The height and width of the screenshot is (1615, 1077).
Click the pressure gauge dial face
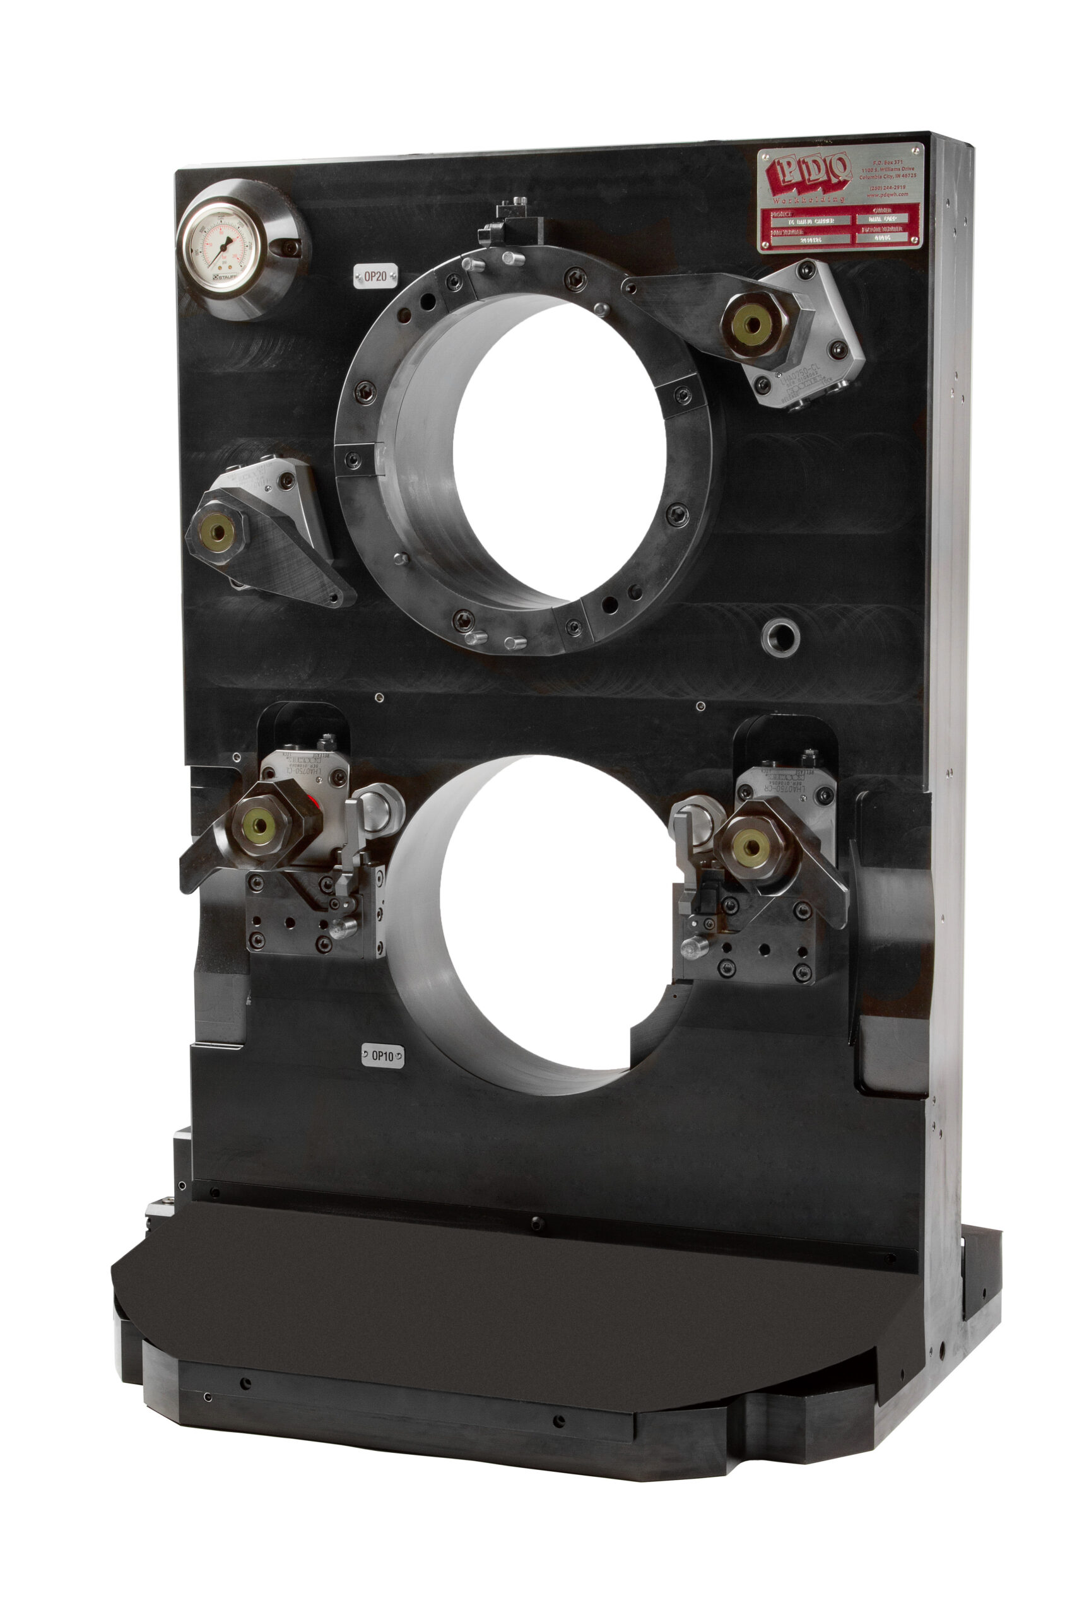[x=222, y=248]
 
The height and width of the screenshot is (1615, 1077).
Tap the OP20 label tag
[x=375, y=278]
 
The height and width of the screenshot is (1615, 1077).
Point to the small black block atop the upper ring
[x=514, y=220]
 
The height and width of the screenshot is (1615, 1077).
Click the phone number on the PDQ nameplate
[x=888, y=187]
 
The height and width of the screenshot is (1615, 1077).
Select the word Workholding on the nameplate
[x=808, y=199]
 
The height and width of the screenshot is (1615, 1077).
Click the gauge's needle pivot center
[x=221, y=249]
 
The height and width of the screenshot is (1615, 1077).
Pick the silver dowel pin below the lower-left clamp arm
[x=343, y=929]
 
